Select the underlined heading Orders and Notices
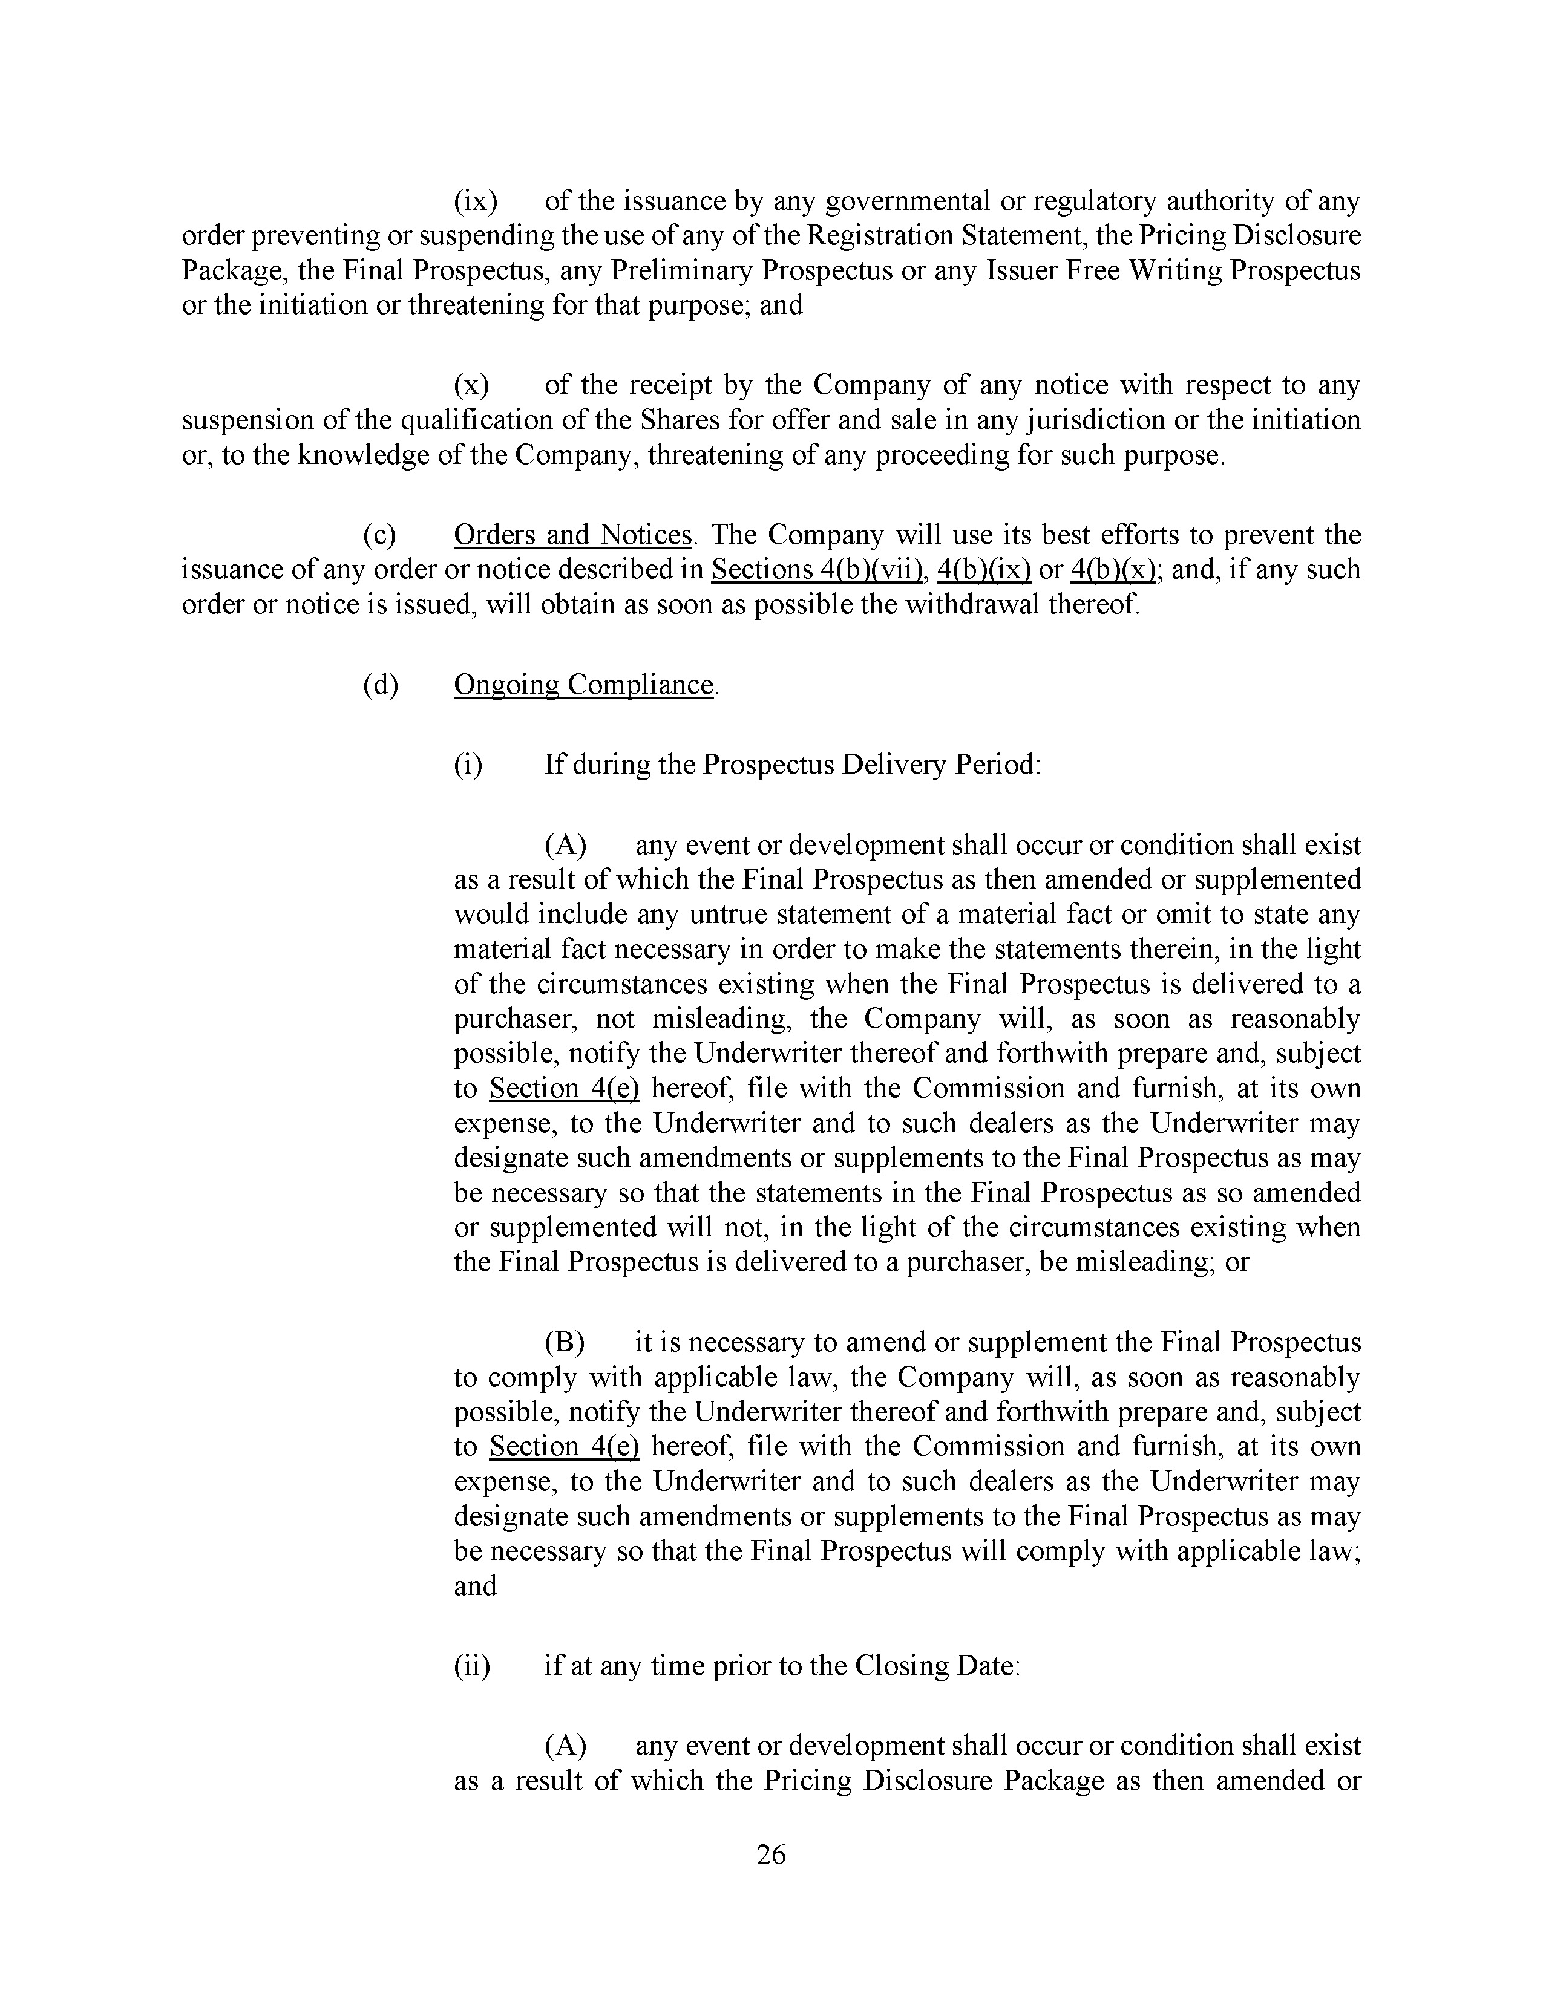click(572, 535)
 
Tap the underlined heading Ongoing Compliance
click(583, 685)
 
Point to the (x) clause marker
click(472, 386)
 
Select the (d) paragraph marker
click(380, 685)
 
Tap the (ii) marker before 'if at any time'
click(472, 1666)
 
